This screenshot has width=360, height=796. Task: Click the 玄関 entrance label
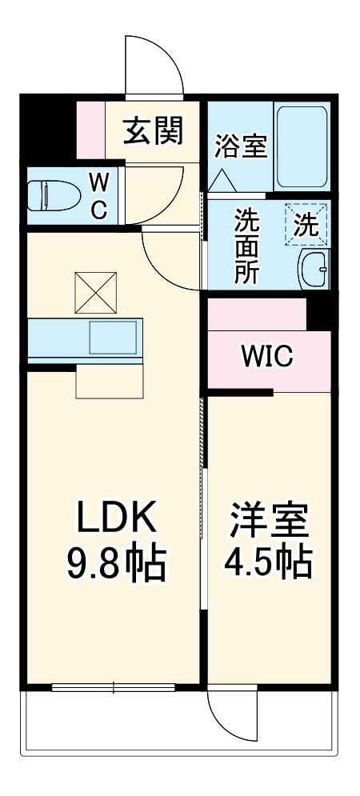pyautogui.click(x=153, y=130)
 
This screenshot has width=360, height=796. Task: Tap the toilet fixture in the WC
pyautogui.click(x=47, y=194)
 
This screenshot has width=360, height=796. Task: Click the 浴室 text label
pyautogui.click(x=240, y=148)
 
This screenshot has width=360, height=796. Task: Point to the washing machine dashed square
pyautogui.click(x=306, y=225)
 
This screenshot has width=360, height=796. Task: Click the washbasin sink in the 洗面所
pyautogui.click(x=314, y=269)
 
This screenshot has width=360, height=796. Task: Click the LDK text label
pyautogui.click(x=115, y=518)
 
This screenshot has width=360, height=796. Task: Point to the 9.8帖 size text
pyautogui.click(x=115, y=565)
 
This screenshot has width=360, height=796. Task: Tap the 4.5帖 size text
pyautogui.click(x=269, y=565)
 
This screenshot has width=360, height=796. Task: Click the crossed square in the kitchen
pyautogui.click(x=95, y=293)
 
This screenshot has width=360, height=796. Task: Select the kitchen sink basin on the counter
pyautogui.click(x=113, y=338)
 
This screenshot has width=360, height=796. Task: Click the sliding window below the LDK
pyautogui.click(x=113, y=687)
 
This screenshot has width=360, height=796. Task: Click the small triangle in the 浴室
pyautogui.click(x=219, y=182)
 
